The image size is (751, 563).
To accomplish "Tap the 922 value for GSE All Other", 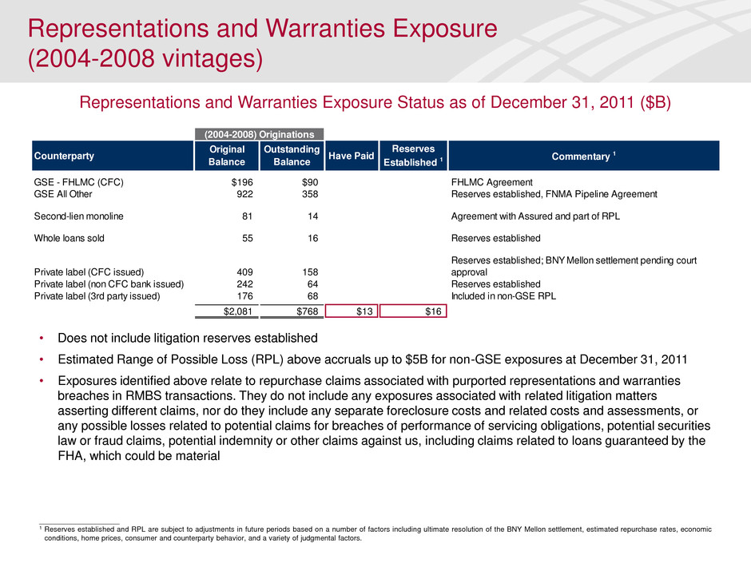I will [x=233, y=194].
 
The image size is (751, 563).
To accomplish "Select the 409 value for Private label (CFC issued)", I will [x=233, y=272].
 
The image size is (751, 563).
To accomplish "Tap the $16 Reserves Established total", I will [x=432, y=311].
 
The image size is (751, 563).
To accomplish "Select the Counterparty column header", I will [x=61, y=155].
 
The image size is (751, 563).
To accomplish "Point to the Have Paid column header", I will [x=352, y=157].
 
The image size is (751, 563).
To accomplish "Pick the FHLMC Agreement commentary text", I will [x=489, y=182].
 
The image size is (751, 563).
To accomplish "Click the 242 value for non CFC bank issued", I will [x=233, y=284].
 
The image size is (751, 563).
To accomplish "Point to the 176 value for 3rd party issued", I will [x=233, y=296].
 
